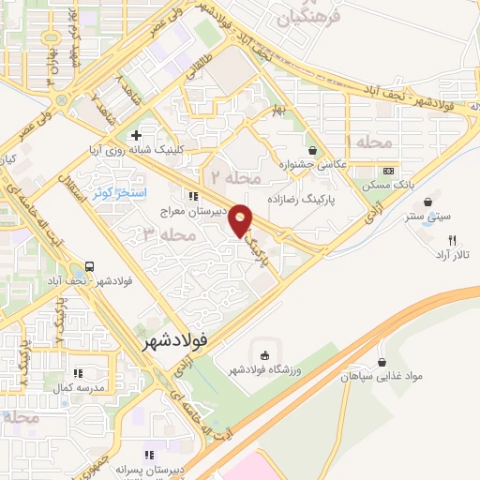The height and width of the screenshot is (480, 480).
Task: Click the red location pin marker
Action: (241, 220)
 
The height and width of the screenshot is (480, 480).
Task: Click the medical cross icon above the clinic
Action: (136, 135)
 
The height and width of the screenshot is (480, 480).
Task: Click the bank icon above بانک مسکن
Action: (388, 171)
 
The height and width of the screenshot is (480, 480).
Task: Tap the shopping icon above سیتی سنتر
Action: (430, 202)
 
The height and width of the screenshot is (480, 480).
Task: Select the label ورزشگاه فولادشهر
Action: (264, 370)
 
